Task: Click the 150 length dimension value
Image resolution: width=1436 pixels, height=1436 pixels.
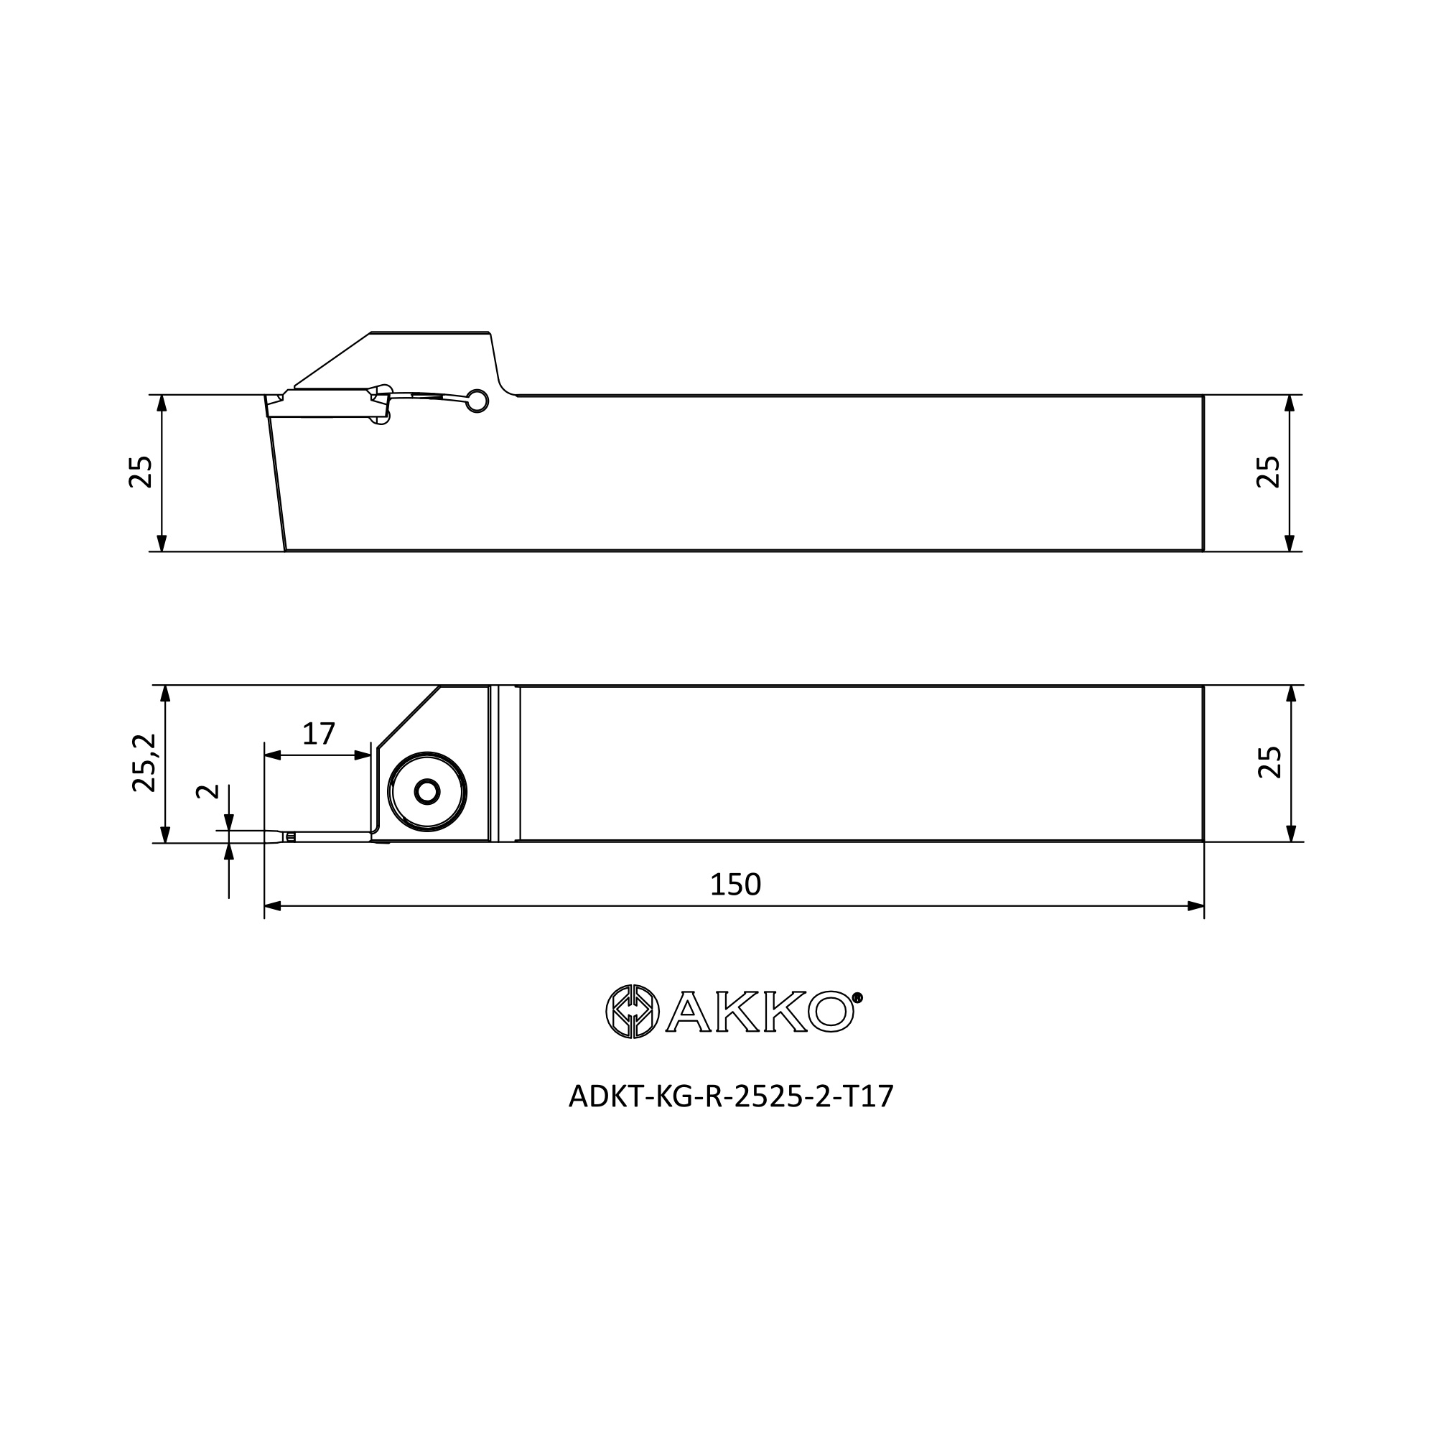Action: click(x=735, y=885)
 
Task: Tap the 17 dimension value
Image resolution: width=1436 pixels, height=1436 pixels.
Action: click(x=319, y=734)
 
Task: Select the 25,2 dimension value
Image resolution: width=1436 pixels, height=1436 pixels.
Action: click(x=144, y=763)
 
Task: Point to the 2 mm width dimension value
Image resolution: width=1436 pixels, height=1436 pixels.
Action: click(x=208, y=790)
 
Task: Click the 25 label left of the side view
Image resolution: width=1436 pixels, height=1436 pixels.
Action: click(x=141, y=471)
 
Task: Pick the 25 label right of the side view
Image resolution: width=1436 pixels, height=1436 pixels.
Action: click(x=1268, y=471)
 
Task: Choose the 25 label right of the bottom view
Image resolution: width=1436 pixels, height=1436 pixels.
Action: click(x=1269, y=762)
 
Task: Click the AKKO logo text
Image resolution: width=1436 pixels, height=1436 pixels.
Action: click(x=759, y=1012)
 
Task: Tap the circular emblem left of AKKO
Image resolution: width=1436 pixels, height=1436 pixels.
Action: click(x=633, y=1012)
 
